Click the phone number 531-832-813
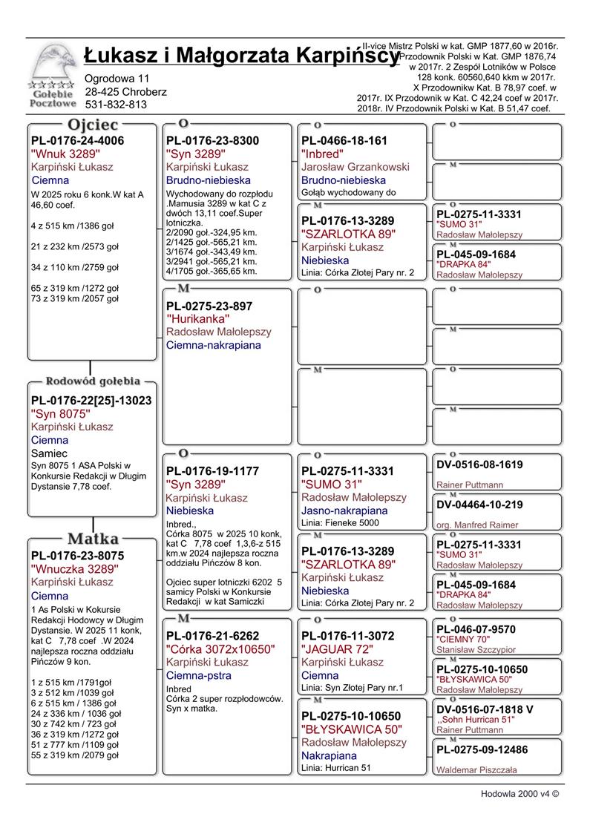point(116,105)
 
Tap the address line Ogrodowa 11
point(117,78)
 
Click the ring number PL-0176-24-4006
point(77,141)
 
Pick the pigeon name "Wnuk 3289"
point(66,154)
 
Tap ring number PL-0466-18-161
point(344,141)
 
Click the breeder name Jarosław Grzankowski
point(355,167)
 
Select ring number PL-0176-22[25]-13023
point(91,401)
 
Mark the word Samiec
point(50,453)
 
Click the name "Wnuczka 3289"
point(75,569)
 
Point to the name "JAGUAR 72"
point(338,649)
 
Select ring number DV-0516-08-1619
point(479,465)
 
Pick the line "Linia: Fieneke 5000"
point(340,523)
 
